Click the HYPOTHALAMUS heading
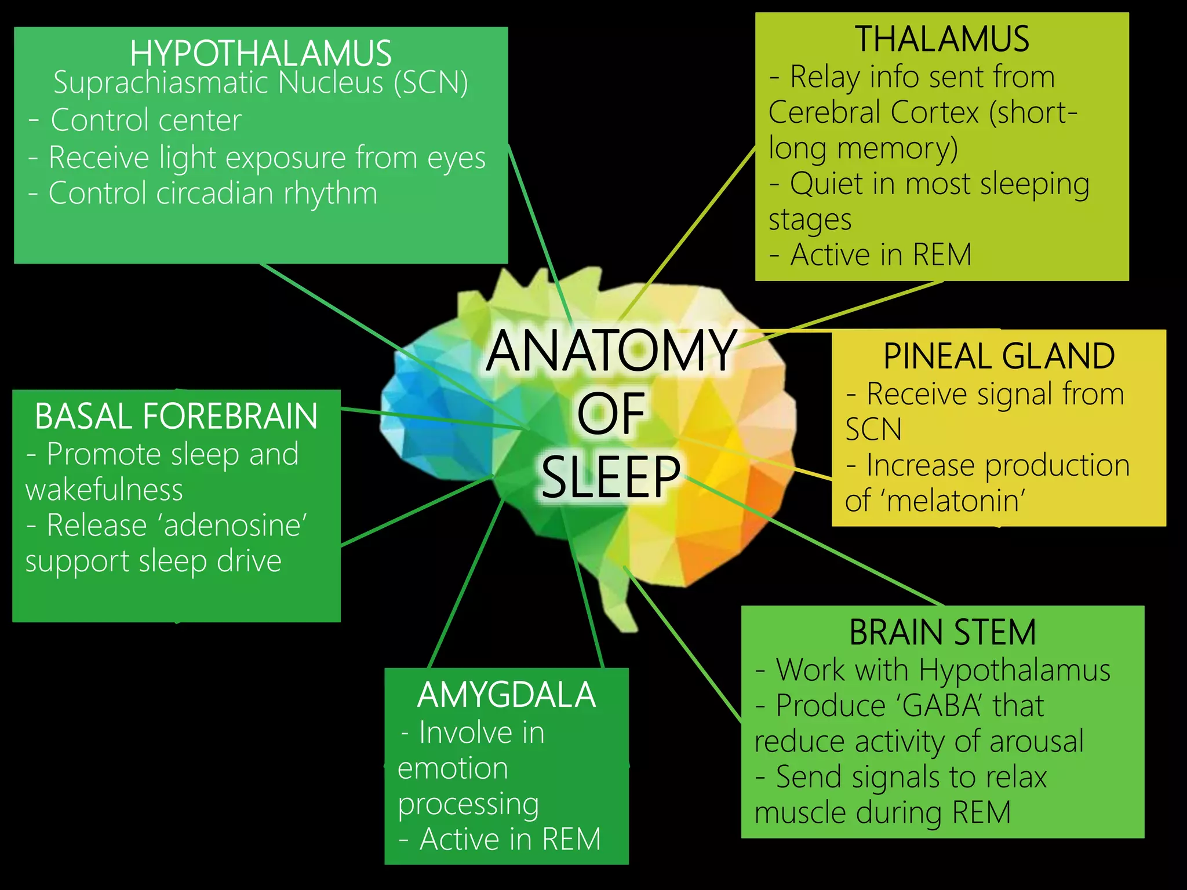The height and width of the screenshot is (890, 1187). pyautogui.click(x=260, y=53)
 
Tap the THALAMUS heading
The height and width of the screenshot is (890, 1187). pyautogui.click(x=942, y=39)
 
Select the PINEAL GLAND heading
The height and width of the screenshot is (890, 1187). pyautogui.click(x=999, y=356)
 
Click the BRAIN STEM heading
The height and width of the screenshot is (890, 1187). pyautogui.click(x=942, y=632)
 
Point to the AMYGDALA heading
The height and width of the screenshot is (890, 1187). pyautogui.click(x=506, y=695)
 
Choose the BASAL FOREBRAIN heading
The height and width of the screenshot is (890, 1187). pyautogui.click(x=176, y=416)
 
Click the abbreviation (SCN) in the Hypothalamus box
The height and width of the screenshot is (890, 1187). pyautogui.click(x=431, y=83)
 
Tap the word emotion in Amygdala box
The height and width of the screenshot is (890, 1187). pyautogui.click(x=453, y=769)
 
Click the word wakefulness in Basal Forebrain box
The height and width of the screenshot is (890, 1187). pyautogui.click(x=104, y=490)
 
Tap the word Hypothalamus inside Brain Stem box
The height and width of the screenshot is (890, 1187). pyautogui.click(x=1015, y=670)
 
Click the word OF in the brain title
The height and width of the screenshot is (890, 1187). pyautogui.click(x=611, y=414)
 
